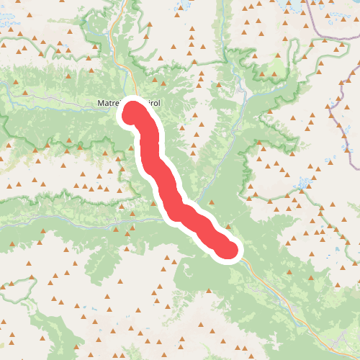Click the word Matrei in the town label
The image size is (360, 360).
tap(110, 103)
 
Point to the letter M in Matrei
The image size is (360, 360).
tap(101, 103)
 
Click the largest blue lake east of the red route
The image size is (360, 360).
tap(305, 182)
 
